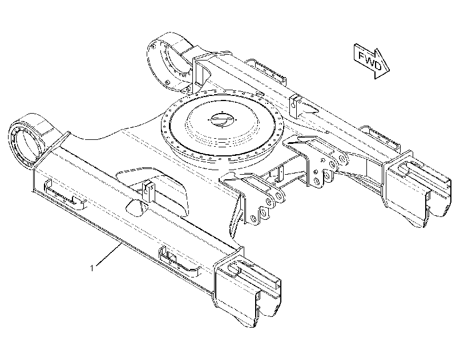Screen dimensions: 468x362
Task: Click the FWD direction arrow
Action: (x=372, y=61)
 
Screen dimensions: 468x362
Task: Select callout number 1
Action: (x=92, y=268)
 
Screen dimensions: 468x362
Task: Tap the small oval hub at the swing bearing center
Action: (x=223, y=120)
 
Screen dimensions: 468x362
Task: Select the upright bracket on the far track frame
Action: (x=296, y=107)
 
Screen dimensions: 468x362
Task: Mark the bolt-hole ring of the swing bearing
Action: (x=223, y=127)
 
